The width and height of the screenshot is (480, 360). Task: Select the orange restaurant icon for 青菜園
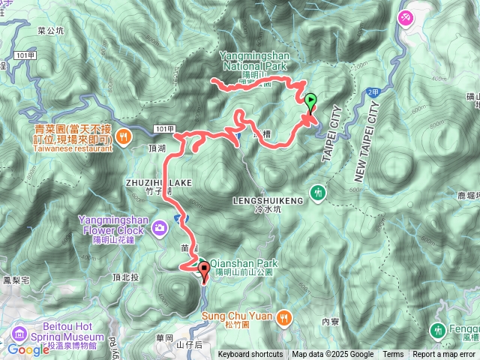tap(124, 136)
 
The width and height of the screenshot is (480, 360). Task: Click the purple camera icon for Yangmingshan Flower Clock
tap(160, 227)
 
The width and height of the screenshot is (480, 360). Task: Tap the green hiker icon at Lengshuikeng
tap(319, 192)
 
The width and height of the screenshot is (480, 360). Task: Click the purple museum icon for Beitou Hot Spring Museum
tap(17, 332)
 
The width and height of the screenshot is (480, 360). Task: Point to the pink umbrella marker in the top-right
tap(407, 16)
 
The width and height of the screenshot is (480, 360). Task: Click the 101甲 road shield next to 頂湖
tap(165, 128)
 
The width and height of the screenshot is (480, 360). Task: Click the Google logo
tap(28, 350)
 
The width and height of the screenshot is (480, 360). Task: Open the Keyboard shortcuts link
tap(251, 355)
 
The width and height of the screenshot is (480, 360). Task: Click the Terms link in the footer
tap(393, 355)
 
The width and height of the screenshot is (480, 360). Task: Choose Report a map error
tap(445, 355)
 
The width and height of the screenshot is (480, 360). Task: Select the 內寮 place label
tap(331, 321)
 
